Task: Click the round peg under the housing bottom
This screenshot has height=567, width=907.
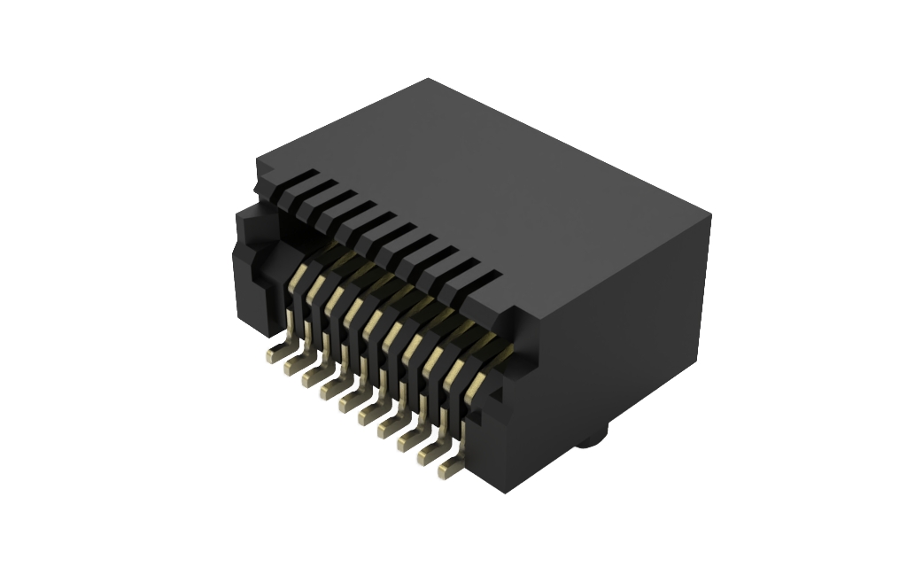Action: pos(591,439)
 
